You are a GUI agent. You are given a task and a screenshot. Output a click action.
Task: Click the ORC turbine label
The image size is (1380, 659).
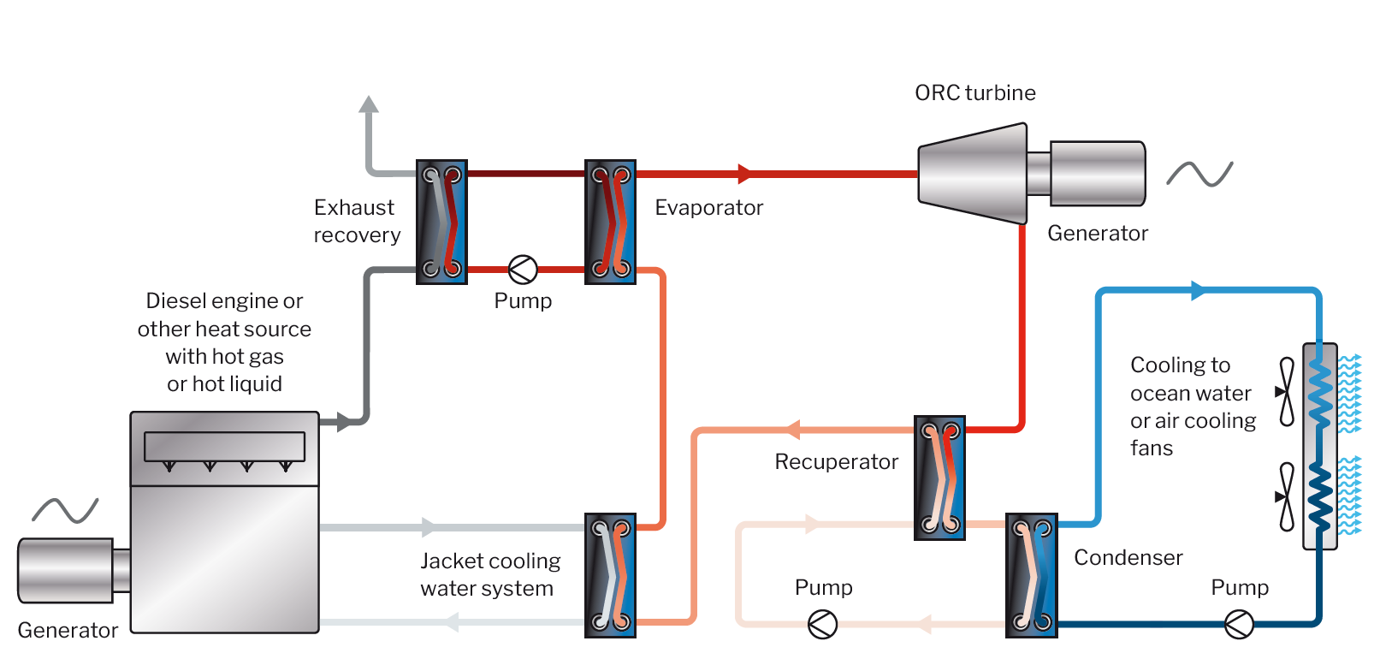[x=974, y=92]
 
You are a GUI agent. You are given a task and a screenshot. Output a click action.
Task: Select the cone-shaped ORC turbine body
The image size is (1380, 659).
[x=972, y=174]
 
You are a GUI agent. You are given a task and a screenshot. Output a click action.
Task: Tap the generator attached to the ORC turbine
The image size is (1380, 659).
[x=1097, y=174]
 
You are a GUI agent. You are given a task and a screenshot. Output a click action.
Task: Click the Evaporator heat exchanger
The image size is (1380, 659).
[x=610, y=222]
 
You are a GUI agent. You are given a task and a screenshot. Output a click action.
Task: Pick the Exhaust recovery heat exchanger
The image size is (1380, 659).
[x=441, y=222]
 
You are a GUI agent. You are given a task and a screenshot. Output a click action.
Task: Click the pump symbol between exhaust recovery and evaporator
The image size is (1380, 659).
[x=523, y=270]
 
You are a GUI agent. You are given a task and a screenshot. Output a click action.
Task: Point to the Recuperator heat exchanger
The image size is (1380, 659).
[x=939, y=478]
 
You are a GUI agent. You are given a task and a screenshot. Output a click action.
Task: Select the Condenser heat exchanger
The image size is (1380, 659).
[x=1032, y=575]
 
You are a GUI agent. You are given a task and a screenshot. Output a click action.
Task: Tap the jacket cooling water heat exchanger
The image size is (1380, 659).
[x=610, y=575]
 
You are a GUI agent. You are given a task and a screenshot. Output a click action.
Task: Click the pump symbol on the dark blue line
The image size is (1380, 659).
[x=1239, y=624]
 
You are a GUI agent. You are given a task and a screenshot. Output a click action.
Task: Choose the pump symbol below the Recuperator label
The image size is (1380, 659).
[x=822, y=624]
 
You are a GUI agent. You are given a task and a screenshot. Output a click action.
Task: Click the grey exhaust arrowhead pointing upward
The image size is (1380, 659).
[x=369, y=105]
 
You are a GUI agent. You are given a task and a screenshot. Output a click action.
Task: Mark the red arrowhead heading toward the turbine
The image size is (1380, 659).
[x=744, y=174]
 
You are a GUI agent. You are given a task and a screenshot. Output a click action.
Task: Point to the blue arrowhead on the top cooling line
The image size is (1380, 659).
[x=1198, y=291]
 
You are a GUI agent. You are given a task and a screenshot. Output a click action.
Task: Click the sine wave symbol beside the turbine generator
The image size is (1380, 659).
[x=1199, y=174]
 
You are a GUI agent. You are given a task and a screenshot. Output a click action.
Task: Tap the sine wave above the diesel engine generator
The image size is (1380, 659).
[x=65, y=511]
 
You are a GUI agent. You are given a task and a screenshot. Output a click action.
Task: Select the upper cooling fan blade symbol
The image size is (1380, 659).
[x=1286, y=392]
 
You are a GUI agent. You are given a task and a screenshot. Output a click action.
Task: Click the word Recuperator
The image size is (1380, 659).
[x=836, y=462]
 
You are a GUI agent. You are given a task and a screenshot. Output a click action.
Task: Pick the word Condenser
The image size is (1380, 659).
[x=1128, y=558]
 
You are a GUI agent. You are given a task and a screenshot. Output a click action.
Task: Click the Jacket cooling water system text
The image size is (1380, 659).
[x=489, y=574]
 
